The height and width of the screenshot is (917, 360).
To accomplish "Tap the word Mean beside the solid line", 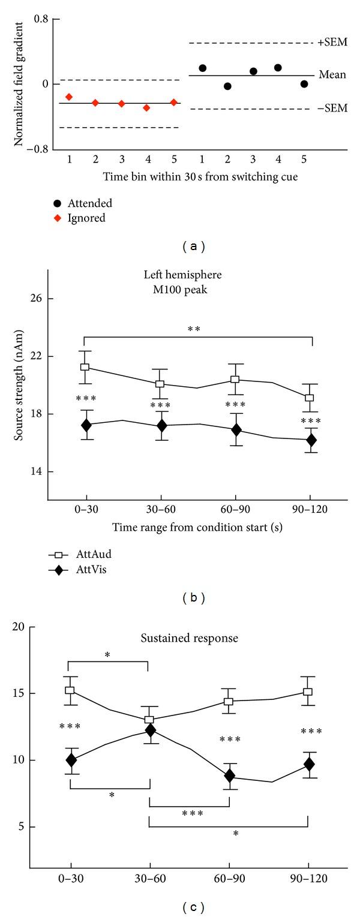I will (x=332, y=76).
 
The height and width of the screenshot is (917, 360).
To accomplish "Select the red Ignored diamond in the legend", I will (x=56, y=218).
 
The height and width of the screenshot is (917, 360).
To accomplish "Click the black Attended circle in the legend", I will (x=56, y=204).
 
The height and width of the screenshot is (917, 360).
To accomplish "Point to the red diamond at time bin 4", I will (x=146, y=107).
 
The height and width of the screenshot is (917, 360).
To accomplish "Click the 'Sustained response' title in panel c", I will (x=198, y=638).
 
